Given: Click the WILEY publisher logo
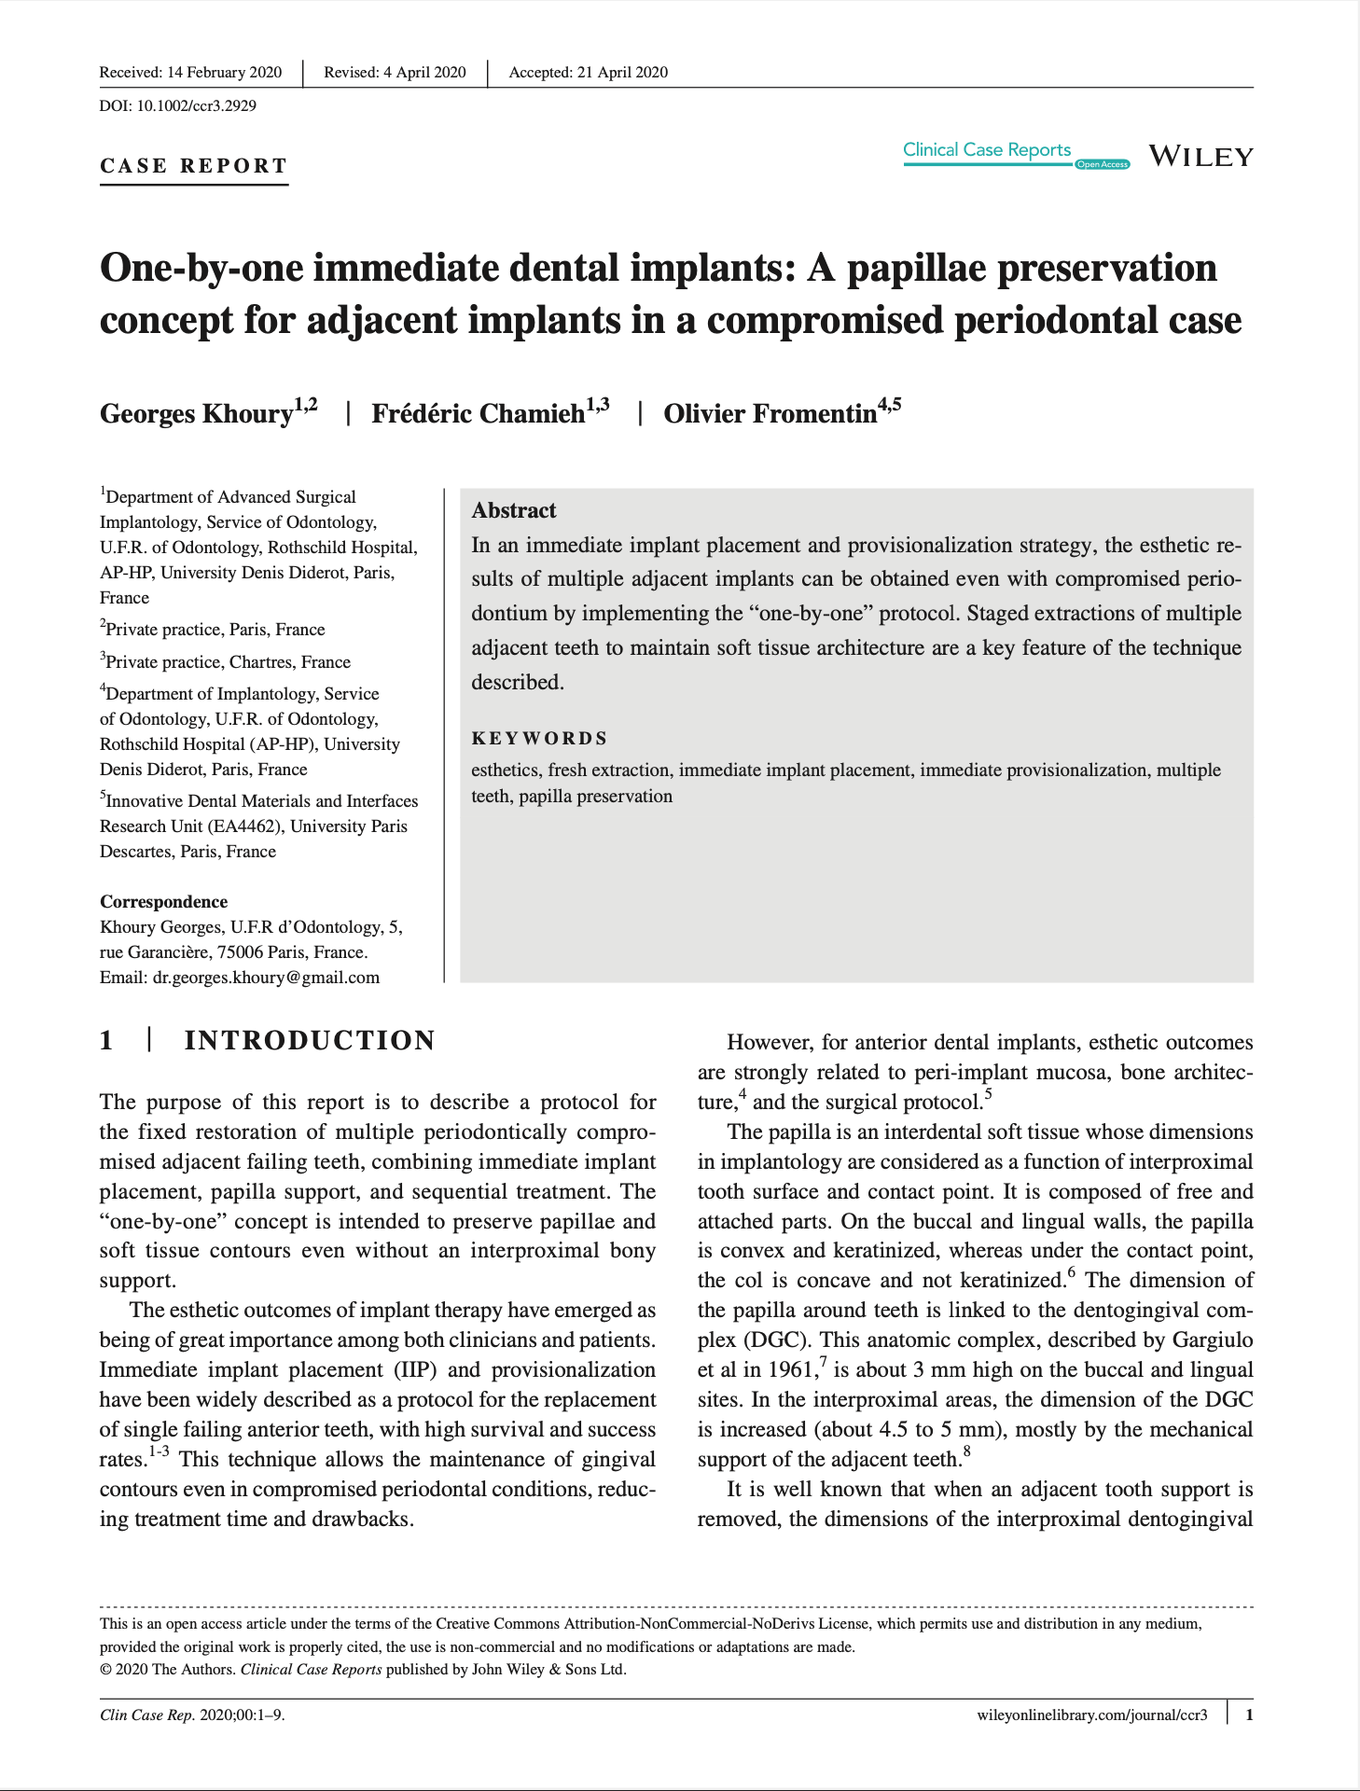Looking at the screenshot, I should (1200, 157).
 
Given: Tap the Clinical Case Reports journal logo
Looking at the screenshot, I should (987, 150).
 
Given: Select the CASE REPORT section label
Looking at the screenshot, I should (194, 166).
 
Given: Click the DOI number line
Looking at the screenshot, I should (178, 105).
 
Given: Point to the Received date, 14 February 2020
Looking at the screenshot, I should (190, 73).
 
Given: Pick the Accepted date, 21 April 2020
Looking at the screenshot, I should (588, 73).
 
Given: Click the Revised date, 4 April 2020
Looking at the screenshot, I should (395, 73).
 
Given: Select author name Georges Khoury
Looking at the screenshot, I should (197, 413).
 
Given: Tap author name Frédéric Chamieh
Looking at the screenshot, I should (479, 413).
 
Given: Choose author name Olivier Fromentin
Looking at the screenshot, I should (770, 413).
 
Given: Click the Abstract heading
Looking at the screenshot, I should (514, 510).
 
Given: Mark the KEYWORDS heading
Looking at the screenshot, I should (539, 739).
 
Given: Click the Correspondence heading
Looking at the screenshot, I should (163, 902).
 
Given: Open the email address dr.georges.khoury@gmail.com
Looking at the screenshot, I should (266, 978).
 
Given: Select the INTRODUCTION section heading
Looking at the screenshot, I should (310, 1041).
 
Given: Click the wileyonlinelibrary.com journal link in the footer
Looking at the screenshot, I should (1091, 1715).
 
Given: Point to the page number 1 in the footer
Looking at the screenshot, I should (1249, 1715).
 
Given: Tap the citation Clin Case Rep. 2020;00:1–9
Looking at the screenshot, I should (192, 1715).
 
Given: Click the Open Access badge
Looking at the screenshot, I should (1102, 165).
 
